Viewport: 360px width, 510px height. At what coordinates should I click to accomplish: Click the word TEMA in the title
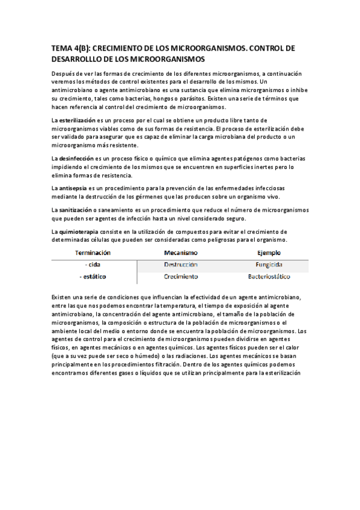61,48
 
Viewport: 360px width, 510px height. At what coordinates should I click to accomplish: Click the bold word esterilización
81,121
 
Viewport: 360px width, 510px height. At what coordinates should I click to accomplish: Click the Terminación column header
93,253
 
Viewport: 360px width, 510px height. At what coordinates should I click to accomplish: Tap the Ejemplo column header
269,253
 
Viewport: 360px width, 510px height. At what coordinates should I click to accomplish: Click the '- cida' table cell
93,265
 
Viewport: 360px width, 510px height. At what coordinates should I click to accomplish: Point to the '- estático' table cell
93,277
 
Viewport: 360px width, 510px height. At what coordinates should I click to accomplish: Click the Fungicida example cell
269,265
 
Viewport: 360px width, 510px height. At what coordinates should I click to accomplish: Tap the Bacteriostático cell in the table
269,277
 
